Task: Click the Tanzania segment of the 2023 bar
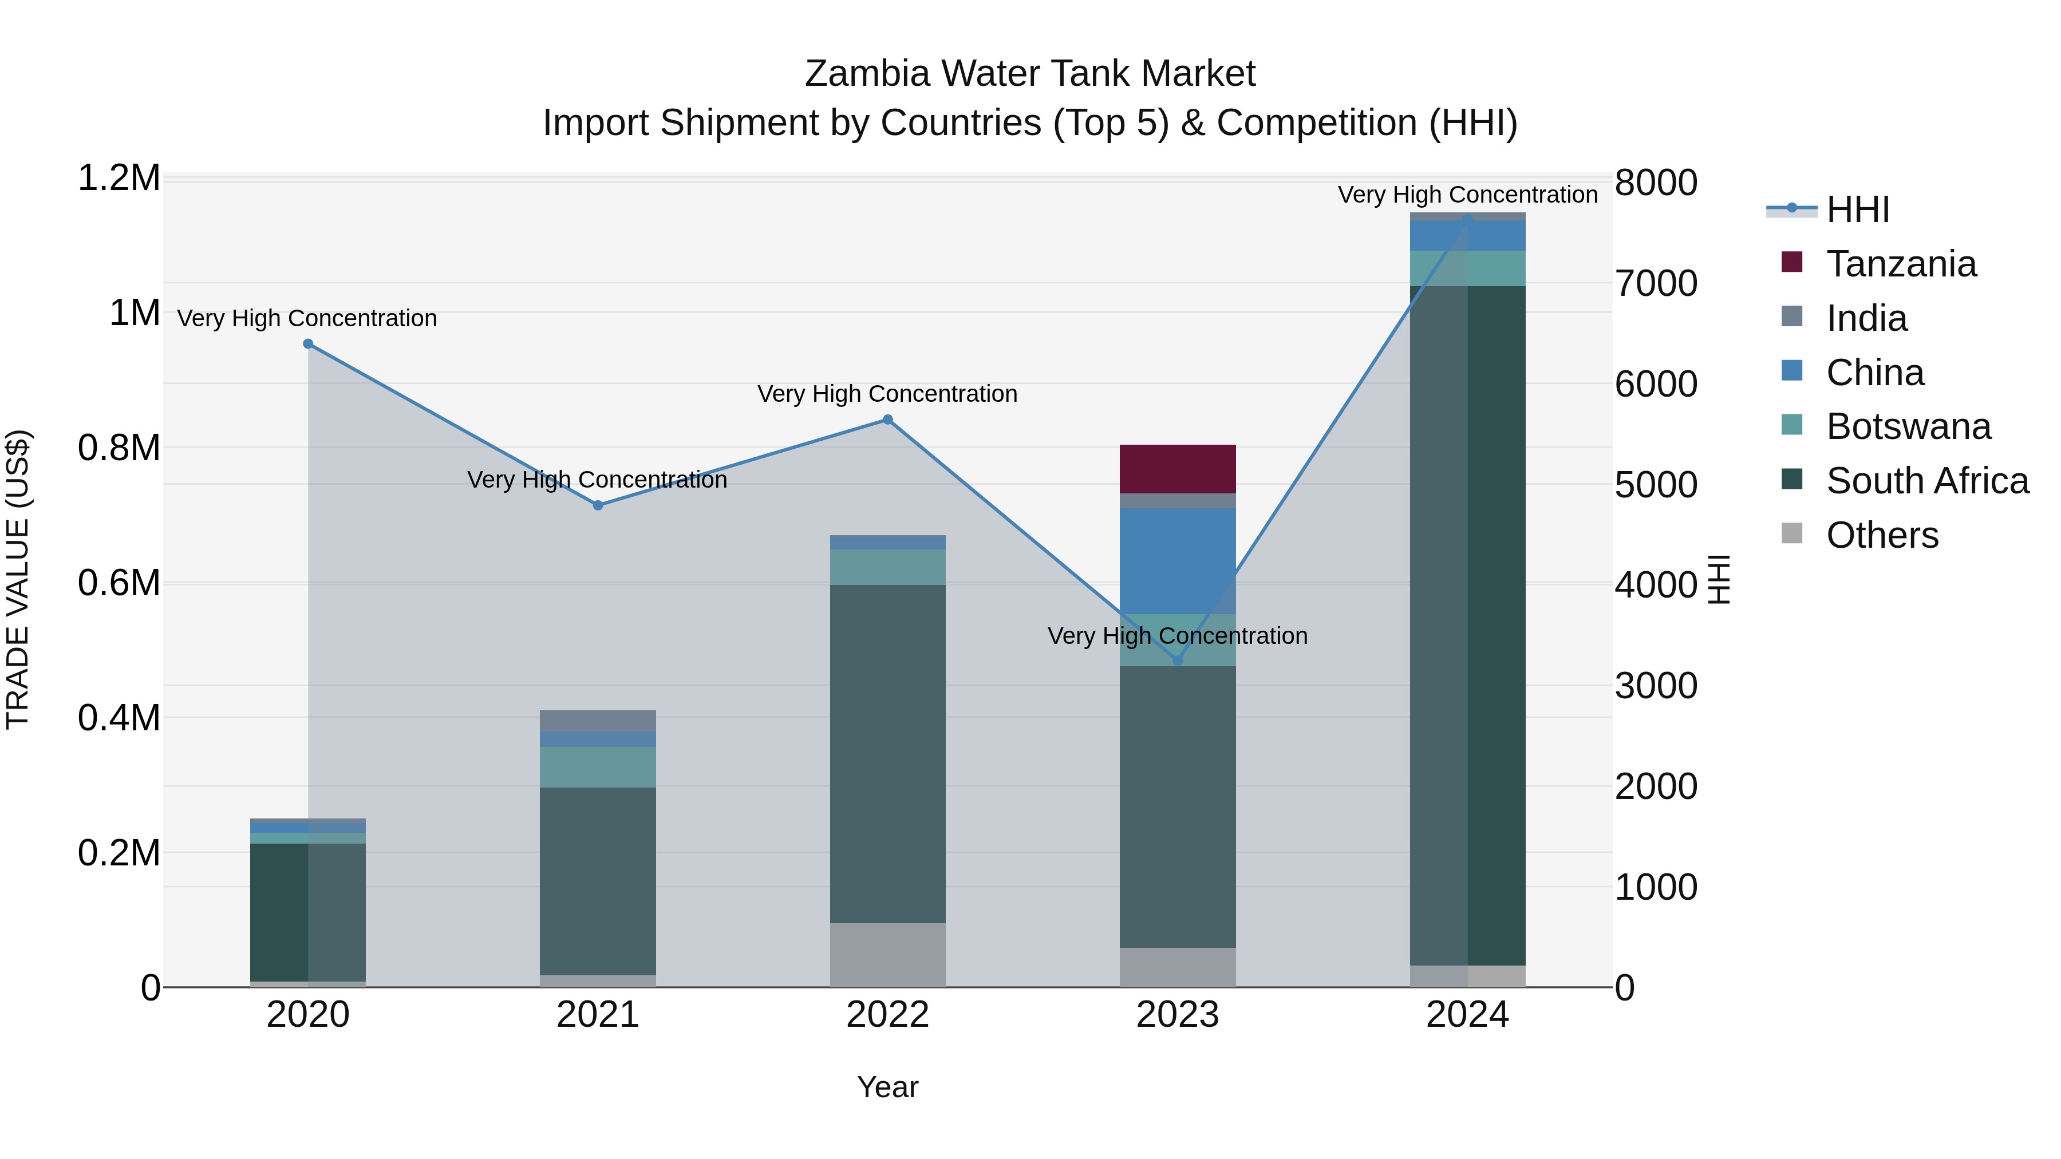(x=1177, y=469)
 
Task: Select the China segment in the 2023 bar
(x=1177, y=560)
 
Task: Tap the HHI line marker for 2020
(x=308, y=344)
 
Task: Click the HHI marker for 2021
(x=598, y=505)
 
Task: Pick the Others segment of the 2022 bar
(x=887, y=955)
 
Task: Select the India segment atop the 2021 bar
(x=598, y=721)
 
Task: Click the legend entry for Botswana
(x=1908, y=426)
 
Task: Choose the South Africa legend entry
(x=1926, y=481)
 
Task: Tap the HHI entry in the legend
(x=1856, y=209)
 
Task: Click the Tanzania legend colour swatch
(x=1792, y=262)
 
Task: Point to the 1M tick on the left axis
(x=135, y=313)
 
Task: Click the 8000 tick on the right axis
(x=1655, y=183)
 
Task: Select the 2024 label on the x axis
(x=1467, y=1015)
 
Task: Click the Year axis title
(x=887, y=1087)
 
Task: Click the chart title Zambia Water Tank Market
(x=1030, y=74)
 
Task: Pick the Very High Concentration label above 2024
(x=1467, y=195)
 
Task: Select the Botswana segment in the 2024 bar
(x=1467, y=268)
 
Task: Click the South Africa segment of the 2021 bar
(x=598, y=880)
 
